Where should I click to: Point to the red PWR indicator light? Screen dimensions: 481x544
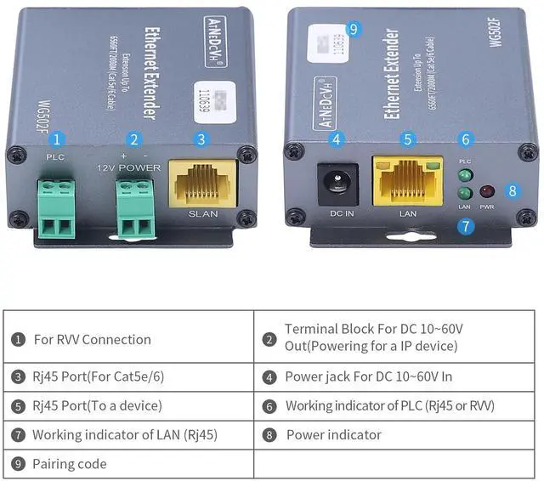pos(488,192)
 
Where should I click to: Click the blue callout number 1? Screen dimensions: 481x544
pos(56,139)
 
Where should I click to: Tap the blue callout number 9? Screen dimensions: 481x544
pos(354,30)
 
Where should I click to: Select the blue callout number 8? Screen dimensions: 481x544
pos(512,190)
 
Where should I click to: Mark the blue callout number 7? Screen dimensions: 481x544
pos(465,226)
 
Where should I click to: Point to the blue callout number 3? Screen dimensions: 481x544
pos(201,139)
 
